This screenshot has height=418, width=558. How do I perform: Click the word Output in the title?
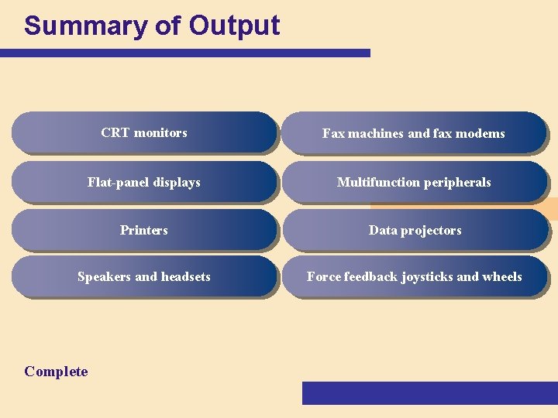234,26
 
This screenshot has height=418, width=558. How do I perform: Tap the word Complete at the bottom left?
56,372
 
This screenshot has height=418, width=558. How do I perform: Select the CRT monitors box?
144,132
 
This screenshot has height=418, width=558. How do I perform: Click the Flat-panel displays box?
144,182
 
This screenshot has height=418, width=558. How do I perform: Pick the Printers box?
144,230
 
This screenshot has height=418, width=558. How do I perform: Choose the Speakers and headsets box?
144,276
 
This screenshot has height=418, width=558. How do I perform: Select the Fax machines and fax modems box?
414,133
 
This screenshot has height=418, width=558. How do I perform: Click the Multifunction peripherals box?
414,182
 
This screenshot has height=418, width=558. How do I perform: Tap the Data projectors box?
414,230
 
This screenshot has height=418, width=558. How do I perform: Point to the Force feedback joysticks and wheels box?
414,276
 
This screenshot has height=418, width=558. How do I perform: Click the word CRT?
115,132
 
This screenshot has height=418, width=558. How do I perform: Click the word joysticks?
427,276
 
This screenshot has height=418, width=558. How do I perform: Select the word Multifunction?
374,182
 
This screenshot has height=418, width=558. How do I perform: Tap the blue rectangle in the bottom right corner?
429,392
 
